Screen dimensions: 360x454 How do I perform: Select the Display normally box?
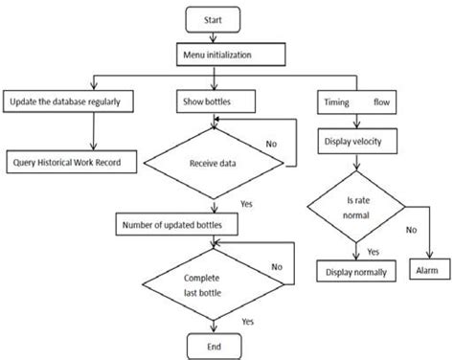click(355, 272)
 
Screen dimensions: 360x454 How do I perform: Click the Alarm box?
click(427, 272)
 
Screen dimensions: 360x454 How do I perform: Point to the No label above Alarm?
click(410, 231)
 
